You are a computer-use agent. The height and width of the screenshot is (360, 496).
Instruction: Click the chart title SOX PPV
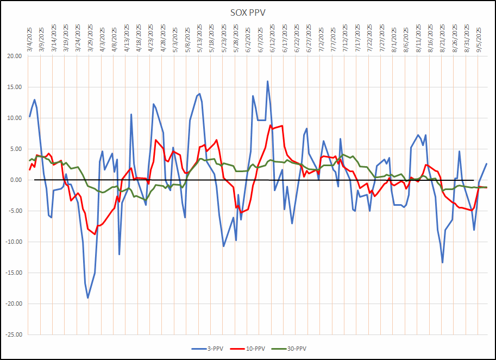coord(248,12)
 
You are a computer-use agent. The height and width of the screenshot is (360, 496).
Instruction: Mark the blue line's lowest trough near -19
coord(87,298)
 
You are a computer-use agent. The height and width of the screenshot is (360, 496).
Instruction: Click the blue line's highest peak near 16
coord(267,81)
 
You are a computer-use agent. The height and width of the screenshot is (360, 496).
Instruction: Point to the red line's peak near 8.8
coord(271,125)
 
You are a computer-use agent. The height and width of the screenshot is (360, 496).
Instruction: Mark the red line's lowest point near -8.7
coord(95,234)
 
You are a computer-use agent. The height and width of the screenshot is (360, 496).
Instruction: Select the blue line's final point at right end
coord(486,163)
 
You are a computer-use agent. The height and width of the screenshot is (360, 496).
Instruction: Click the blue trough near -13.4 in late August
coord(442,263)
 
